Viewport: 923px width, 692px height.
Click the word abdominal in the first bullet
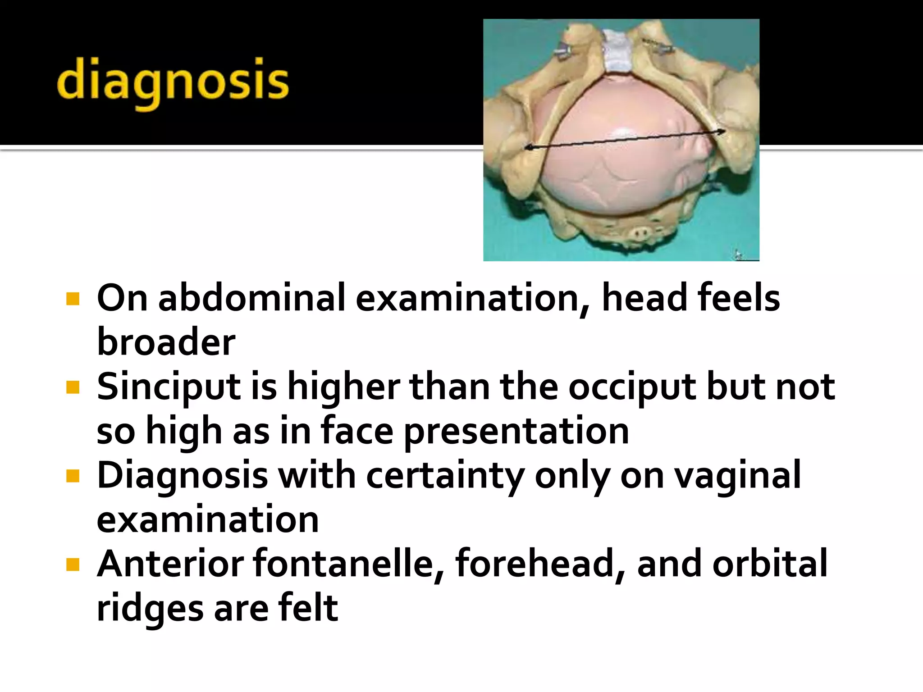click(x=251, y=298)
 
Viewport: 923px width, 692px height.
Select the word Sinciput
click(x=169, y=387)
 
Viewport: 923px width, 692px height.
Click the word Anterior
click(x=170, y=564)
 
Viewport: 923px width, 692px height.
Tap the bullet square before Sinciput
click(x=73, y=387)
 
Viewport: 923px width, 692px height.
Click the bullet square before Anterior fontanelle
click(x=73, y=564)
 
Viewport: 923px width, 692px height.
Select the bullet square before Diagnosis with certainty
click(x=73, y=476)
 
